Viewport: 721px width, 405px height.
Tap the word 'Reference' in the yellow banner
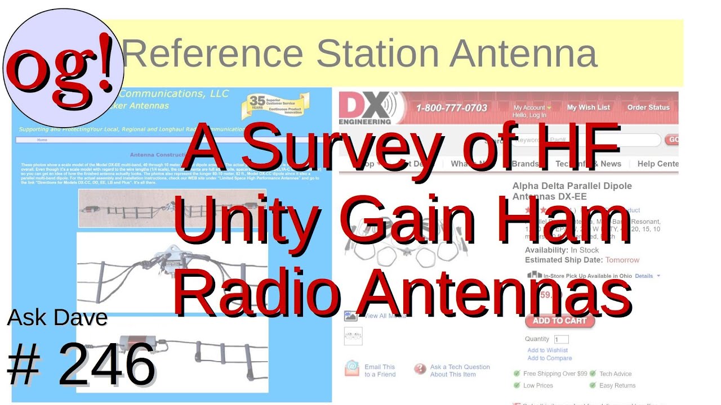pyautogui.click(x=212, y=53)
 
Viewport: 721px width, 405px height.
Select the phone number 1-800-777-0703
pyautogui.click(x=452, y=107)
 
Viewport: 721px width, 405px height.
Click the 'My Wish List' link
pyautogui.click(x=588, y=107)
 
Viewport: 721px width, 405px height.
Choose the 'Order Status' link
pyautogui.click(x=648, y=107)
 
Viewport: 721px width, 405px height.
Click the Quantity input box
pyautogui.click(x=561, y=340)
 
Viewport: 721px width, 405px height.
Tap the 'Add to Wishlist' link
pyautogui.click(x=548, y=350)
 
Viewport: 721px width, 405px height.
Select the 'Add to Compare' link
pyautogui.click(x=549, y=358)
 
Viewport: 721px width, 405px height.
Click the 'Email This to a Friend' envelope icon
pyautogui.click(x=352, y=368)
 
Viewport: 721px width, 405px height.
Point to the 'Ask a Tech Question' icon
pyautogui.click(x=420, y=369)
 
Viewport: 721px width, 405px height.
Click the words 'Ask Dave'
pyautogui.click(x=57, y=318)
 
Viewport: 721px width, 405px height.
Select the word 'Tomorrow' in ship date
pyautogui.click(x=622, y=260)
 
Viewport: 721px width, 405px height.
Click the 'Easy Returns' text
pyautogui.click(x=617, y=385)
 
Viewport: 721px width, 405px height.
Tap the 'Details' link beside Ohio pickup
pyautogui.click(x=644, y=276)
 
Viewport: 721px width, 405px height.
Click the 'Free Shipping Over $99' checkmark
pyautogui.click(x=517, y=373)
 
